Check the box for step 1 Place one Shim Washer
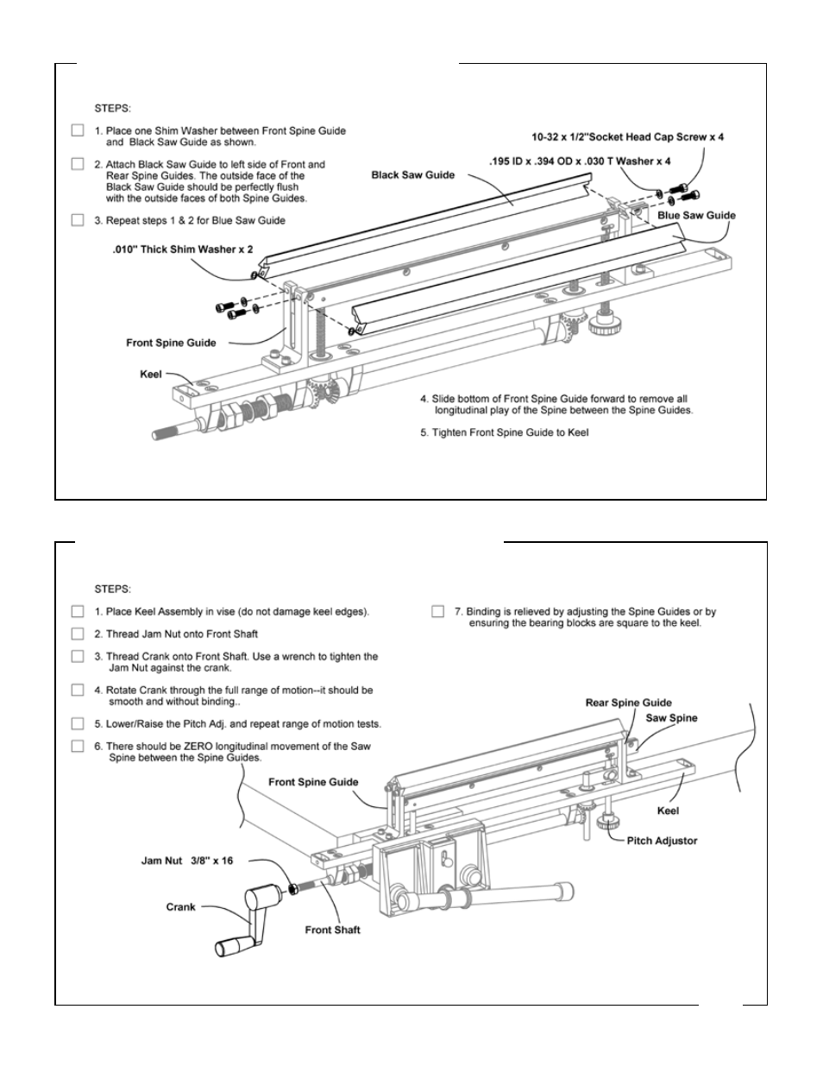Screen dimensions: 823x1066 [78, 130]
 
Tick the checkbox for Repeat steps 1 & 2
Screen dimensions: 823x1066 [78, 220]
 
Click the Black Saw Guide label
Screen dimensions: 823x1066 [412, 175]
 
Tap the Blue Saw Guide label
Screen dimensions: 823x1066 [696, 216]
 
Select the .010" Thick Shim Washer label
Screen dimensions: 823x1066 [183, 249]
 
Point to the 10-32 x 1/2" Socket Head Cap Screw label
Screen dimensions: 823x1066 [627, 137]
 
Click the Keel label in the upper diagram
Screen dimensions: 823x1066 [150, 375]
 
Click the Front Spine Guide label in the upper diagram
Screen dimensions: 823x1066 [171, 343]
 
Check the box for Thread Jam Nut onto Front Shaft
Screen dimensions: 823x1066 [78, 634]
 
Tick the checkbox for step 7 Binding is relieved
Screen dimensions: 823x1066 [437, 611]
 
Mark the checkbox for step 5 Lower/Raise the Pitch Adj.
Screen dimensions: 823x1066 [78, 723]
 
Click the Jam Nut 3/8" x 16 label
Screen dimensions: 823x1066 [187, 861]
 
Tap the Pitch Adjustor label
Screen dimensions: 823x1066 [662, 841]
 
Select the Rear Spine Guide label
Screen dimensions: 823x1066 [628, 703]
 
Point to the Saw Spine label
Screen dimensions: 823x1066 [671, 717]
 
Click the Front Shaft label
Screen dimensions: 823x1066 [332, 930]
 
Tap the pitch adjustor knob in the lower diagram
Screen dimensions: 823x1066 [607, 820]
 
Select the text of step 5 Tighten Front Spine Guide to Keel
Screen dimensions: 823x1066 [505, 432]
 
